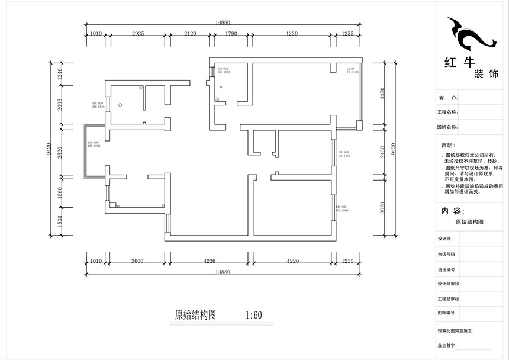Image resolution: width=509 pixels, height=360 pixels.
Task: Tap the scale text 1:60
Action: tap(253, 316)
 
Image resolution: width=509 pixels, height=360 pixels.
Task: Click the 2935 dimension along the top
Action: tap(138, 34)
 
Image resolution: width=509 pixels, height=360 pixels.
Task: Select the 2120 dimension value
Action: tap(189, 34)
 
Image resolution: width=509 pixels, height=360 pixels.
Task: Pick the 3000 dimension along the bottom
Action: tap(138, 260)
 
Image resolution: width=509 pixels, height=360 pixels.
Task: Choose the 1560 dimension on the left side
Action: tap(59, 193)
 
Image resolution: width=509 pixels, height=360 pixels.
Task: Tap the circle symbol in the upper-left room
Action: tap(120, 104)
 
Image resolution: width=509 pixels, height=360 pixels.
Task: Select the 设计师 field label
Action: tap(445, 239)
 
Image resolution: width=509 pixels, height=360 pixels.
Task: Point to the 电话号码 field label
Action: tap(447, 253)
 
